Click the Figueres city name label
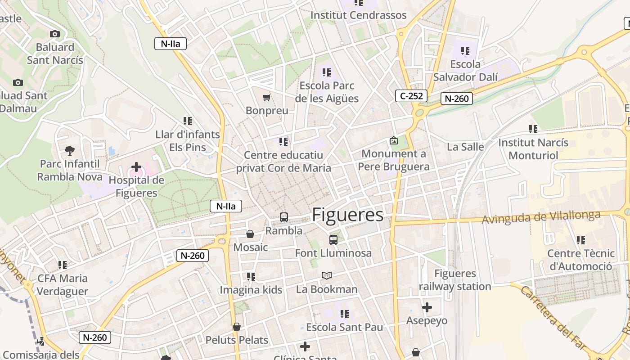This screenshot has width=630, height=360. [347, 215]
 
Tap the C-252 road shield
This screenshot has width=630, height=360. [411, 95]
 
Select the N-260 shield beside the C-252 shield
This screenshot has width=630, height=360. [456, 99]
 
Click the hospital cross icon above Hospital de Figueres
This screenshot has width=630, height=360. [136, 167]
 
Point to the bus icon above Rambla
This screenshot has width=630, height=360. [283, 217]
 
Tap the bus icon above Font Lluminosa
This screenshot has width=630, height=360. [333, 240]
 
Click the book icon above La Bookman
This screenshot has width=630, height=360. [327, 275]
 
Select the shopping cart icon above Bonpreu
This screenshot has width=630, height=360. [267, 97]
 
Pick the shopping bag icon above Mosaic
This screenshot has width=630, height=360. [250, 234]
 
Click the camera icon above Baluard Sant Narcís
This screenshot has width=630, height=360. [55, 34]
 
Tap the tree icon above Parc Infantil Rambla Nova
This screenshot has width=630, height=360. [70, 150]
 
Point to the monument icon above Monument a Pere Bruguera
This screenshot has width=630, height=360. [394, 141]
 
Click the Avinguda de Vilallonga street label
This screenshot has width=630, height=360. [541, 217]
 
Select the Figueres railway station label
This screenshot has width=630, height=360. [455, 280]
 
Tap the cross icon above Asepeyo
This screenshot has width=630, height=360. [427, 307]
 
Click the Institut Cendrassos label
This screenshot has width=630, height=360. [358, 15]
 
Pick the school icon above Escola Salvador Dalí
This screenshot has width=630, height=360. [465, 51]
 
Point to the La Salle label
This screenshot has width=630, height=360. [465, 147]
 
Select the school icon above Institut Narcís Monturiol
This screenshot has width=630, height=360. [533, 129]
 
